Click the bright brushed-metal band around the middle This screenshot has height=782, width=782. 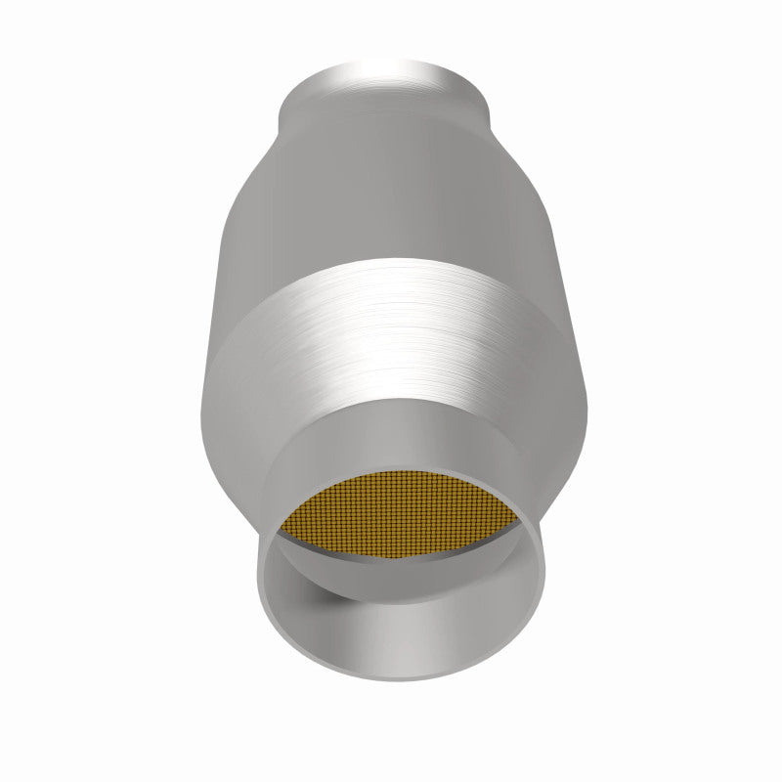coord(391,323)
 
